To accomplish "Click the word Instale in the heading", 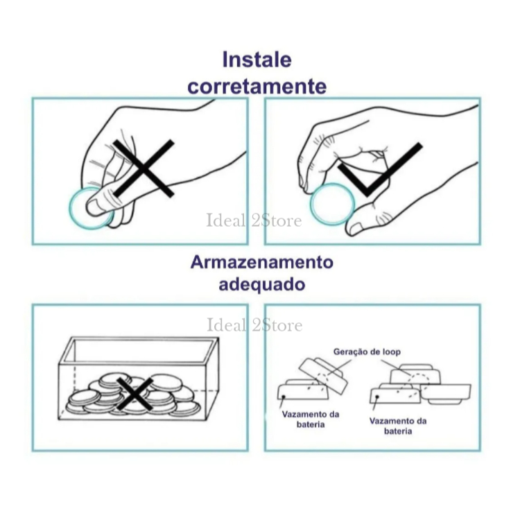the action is (x=257, y=60).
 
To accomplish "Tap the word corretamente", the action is (x=257, y=87).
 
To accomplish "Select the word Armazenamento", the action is (x=261, y=262).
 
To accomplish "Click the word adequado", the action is (x=261, y=284).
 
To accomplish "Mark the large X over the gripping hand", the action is (x=144, y=168).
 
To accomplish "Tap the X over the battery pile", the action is (x=135, y=394).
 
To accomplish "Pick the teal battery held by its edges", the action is (x=332, y=204).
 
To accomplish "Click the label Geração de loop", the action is (x=367, y=352).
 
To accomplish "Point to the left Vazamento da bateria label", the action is (x=310, y=419).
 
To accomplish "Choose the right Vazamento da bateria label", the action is (x=398, y=426).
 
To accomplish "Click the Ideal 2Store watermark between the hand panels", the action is (x=254, y=220).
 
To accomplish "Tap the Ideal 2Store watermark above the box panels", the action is (x=254, y=325).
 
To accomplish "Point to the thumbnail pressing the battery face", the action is (x=96, y=207).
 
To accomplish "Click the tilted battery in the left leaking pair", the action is (x=323, y=375).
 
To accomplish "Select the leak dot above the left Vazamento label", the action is (x=284, y=397).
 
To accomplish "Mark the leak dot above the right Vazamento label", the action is (x=377, y=397).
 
